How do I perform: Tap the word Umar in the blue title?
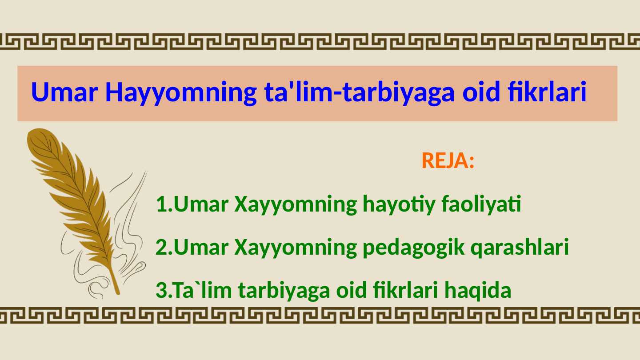coord(64,92)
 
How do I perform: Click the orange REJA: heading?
coord(448,160)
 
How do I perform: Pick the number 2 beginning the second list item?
coord(161,247)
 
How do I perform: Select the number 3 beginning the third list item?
coord(161,290)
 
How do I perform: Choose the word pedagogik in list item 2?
coord(414,248)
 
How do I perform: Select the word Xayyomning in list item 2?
coord(296,248)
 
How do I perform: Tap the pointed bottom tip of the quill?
coord(117,293)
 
